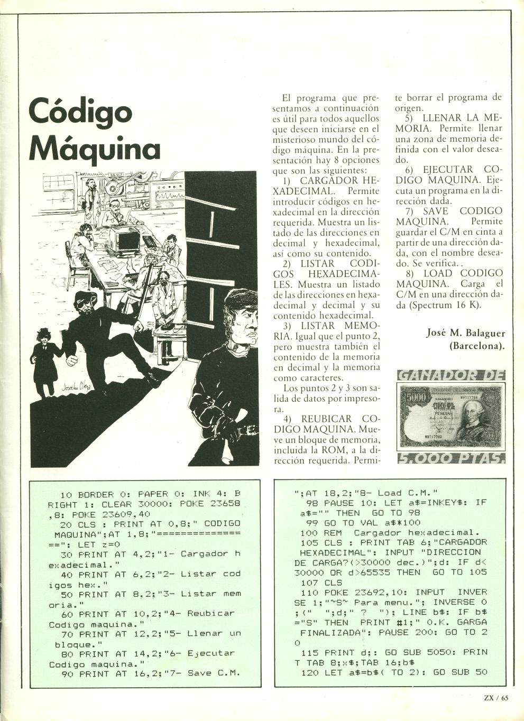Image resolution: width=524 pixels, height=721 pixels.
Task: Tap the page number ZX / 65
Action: pos(495,697)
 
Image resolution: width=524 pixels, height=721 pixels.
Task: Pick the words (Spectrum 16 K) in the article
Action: pos(437,305)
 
